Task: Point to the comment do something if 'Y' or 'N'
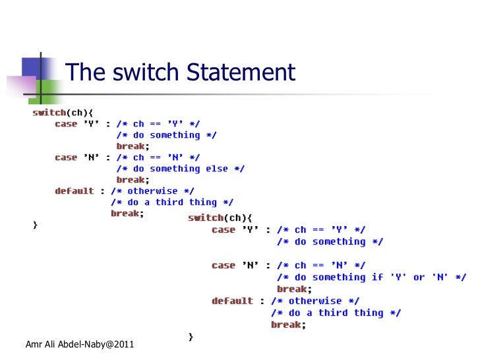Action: (371, 277)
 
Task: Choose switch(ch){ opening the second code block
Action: (220, 218)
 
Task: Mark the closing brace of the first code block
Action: (36, 225)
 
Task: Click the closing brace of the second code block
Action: (191, 337)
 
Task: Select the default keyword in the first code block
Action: (75, 191)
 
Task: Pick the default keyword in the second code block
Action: (232, 301)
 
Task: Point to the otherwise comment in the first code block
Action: (152, 191)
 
